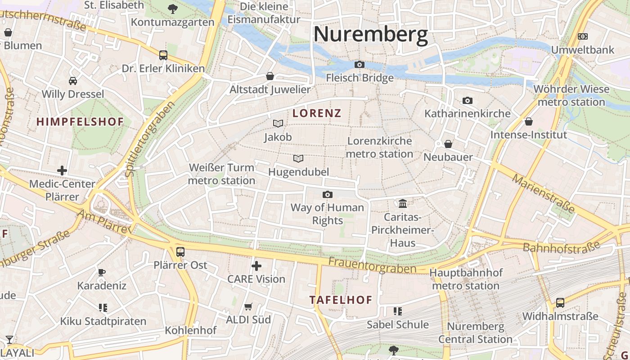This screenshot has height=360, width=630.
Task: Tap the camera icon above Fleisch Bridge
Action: (x=360, y=65)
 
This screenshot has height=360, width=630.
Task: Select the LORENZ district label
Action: (x=317, y=113)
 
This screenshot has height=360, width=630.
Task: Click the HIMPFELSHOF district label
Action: (x=80, y=121)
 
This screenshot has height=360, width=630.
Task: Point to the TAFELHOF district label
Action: (x=341, y=300)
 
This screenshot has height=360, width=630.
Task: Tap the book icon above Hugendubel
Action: (x=298, y=158)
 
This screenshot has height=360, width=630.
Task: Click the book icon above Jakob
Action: (x=278, y=123)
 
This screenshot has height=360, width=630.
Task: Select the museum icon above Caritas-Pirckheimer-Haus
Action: (x=403, y=204)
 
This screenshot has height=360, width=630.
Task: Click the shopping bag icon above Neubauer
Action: (x=448, y=144)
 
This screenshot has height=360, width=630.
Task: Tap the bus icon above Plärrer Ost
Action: (x=180, y=252)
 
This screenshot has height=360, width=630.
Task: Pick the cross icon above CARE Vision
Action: (x=256, y=266)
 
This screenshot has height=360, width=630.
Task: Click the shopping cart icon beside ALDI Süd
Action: (x=248, y=307)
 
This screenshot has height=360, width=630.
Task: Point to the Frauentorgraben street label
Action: (x=372, y=265)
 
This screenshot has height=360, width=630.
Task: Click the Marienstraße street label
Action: (x=544, y=194)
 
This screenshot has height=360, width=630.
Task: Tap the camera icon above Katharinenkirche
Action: (x=468, y=100)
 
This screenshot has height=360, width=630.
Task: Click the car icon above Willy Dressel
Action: (x=73, y=81)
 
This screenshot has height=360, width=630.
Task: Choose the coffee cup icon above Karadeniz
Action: (x=102, y=272)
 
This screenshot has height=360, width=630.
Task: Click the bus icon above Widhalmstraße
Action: (x=560, y=303)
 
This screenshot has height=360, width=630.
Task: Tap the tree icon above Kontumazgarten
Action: (x=172, y=9)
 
